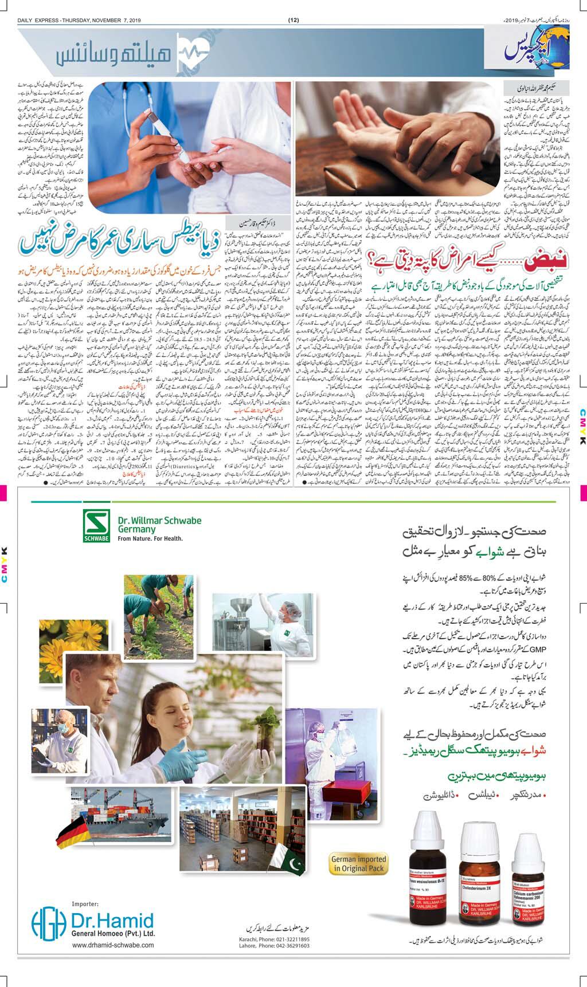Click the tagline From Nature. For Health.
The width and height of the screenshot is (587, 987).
150,538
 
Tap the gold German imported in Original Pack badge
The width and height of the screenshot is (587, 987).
359,863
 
